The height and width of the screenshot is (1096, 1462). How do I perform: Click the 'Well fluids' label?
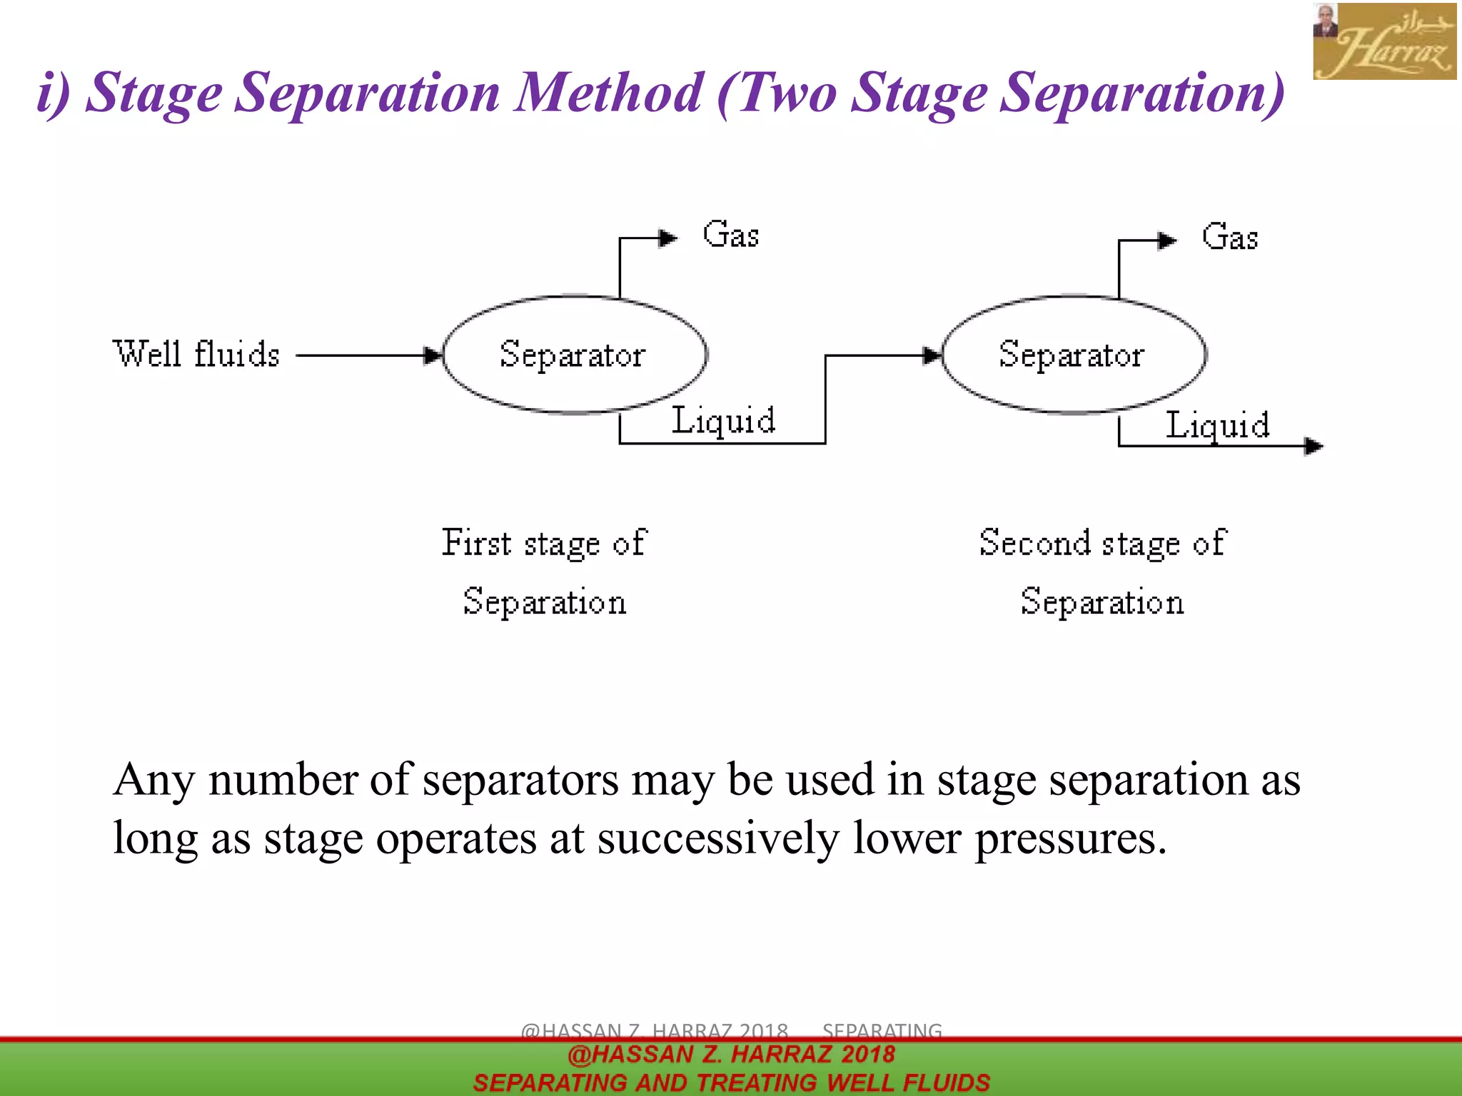tap(196, 355)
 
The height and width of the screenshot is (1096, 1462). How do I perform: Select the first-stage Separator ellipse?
tap(575, 355)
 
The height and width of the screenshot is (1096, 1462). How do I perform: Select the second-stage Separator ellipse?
tap(1073, 355)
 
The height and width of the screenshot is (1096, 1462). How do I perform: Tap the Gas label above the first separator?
tap(730, 235)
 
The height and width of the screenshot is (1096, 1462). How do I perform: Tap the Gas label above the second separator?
tap(1229, 237)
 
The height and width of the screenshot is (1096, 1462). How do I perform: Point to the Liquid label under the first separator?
tap(723, 420)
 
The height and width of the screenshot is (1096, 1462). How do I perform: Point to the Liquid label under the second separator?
tap(1217, 425)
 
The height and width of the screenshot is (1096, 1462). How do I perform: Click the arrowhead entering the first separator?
tap(433, 355)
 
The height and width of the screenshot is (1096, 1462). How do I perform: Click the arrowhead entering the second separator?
tap(932, 355)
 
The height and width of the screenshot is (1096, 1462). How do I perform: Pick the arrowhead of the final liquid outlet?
tap(1314, 446)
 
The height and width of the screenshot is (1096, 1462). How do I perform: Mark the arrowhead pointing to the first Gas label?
tap(667, 238)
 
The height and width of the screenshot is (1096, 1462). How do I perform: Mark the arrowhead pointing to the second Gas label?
tap(1166, 240)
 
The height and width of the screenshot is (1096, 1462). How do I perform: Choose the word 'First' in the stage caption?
tap(476, 543)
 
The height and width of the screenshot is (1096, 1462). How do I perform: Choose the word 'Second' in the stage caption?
tap(1035, 543)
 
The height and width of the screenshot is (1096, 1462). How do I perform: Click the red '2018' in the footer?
tap(867, 1054)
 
